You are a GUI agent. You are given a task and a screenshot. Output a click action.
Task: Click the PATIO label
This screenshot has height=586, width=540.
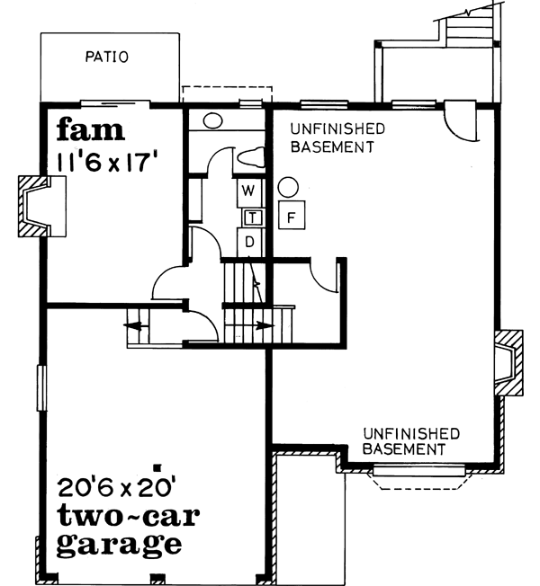click(x=107, y=58)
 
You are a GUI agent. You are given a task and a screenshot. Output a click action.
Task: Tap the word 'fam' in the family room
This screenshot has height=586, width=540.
click(x=90, y=131)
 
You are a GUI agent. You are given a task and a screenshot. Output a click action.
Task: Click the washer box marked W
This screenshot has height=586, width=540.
click(x=251, y=191)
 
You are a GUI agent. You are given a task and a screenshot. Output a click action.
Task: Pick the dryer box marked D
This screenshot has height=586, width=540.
click(x=251, y=241)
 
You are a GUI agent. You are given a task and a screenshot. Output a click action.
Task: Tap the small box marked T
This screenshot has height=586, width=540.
click(x=253, y=216)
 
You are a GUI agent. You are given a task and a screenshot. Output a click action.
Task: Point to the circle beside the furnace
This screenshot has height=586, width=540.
click(x=287, y=188)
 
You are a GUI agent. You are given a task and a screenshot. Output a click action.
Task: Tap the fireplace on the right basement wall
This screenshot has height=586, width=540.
click(x=508, y=362)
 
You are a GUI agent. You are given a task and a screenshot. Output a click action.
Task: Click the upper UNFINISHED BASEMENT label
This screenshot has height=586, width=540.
click(x=331, y=138)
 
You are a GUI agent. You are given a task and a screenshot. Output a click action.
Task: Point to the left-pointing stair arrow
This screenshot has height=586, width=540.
click(x=135, y=326)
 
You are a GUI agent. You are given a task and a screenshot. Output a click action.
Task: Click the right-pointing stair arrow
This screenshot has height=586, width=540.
click(x=262, y=326)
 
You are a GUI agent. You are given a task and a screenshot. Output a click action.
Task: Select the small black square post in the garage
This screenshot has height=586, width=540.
click(x=157, y=467)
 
